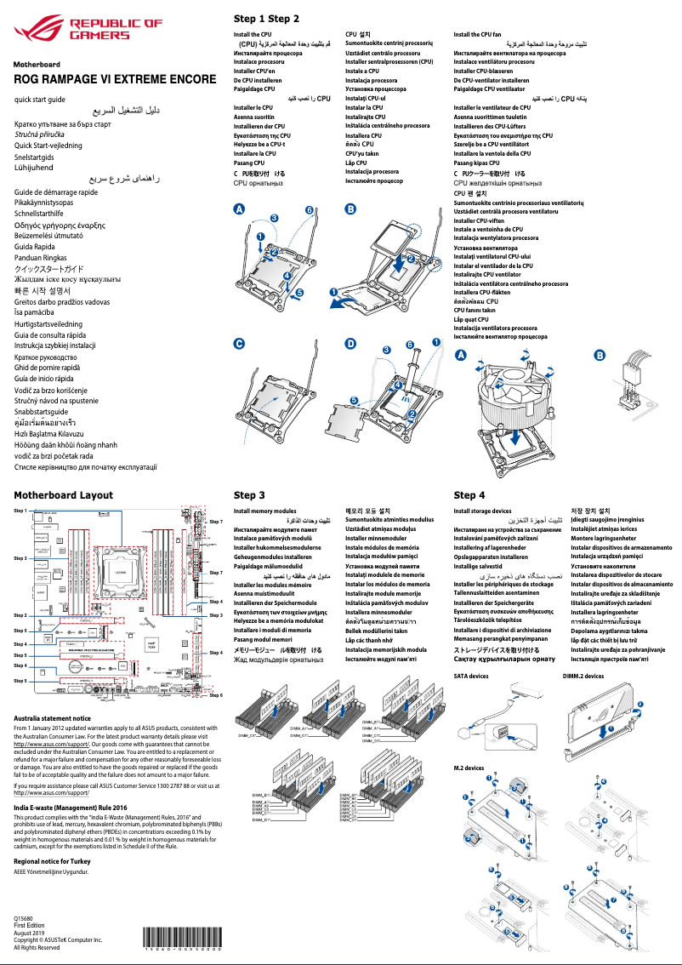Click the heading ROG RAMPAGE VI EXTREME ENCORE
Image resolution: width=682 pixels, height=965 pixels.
[x=115, y=79]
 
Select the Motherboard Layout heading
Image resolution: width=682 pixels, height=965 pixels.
[x=63, y=494]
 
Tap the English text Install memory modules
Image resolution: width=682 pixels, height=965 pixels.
[x=265, y=511]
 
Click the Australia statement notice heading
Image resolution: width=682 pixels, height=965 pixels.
[x=59, y=718]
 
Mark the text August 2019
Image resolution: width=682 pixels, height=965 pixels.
[x=30, y=933]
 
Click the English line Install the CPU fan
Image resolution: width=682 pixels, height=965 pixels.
[x=478, y=35]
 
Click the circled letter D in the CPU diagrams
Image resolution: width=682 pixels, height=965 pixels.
[x=350, y=344]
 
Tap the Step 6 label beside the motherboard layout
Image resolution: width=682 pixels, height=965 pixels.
[x=216, y=695]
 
